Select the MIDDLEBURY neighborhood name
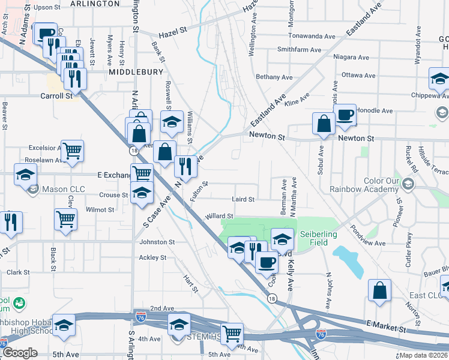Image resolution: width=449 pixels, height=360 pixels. click(x=136, y=72)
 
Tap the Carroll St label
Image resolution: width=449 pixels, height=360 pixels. click(x=56, y=95)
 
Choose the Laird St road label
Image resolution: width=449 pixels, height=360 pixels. click(x=243, y=199)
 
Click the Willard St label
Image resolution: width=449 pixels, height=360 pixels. click(x=218, y=216)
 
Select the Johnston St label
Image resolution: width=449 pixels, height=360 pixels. click(x=157, y=242)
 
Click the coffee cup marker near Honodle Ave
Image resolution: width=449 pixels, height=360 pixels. click(x=345, y=115)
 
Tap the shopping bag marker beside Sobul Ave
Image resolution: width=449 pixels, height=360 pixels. click(x=324, y=124)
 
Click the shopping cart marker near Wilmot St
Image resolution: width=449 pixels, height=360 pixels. click(x=65, y=219)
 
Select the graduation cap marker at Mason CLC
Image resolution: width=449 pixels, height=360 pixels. click(x=25, y=175)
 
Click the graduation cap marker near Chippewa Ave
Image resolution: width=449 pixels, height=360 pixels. click(x=439, y=79)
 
